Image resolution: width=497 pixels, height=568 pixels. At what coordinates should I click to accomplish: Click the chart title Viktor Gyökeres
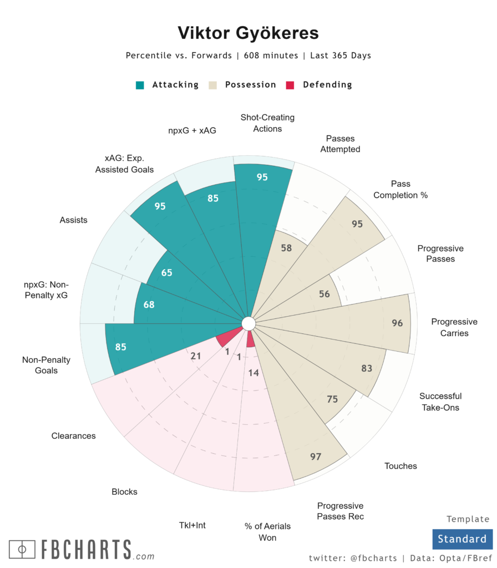coord(248,33)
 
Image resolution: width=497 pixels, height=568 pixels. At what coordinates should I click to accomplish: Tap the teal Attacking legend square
coord(140,85)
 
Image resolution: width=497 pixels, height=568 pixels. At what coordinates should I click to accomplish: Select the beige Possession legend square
coord(212,85)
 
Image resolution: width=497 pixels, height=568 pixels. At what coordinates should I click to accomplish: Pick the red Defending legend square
coord(290,85)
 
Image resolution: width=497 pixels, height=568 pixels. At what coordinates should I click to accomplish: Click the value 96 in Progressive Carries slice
coord(397,323)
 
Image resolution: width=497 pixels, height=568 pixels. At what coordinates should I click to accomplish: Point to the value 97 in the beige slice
coord(316,457)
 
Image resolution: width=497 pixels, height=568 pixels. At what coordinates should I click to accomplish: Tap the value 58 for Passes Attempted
coord(286,248)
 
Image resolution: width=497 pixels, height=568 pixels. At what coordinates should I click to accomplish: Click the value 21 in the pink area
coord(196,356)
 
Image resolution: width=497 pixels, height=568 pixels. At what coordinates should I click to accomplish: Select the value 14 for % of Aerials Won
coord(253,373)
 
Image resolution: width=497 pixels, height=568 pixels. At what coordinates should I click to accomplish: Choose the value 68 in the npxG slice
coord(149,305)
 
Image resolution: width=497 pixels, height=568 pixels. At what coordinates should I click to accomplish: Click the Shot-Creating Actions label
coord(267,123)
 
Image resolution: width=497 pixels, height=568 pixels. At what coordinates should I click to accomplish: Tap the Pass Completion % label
coord(400,190)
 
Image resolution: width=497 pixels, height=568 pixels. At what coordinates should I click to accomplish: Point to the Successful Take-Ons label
coord(440,402)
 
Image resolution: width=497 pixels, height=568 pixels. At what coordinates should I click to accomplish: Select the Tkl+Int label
coord(192,525)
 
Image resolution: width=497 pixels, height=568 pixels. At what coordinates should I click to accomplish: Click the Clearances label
coord(74,436)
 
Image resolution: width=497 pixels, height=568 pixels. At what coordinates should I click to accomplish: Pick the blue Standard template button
coord(462,539)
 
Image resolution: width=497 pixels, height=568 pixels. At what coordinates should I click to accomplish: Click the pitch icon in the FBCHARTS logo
coord(22,550)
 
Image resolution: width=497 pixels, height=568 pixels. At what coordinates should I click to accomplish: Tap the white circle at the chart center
coord(248,324)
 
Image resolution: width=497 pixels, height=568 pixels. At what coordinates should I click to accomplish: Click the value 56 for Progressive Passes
coord(324,294)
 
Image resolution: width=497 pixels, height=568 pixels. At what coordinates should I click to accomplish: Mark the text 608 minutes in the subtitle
coord(271,55)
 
